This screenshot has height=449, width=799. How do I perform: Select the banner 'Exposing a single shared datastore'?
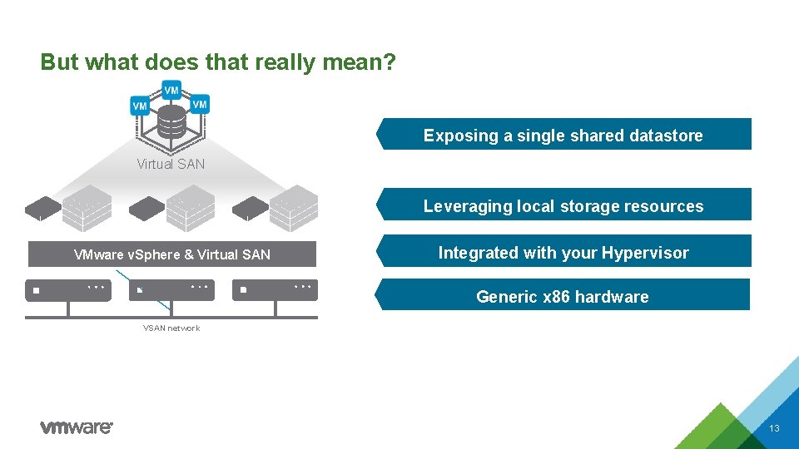pos(563,135)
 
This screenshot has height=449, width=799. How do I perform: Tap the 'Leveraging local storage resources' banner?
pos(563,205)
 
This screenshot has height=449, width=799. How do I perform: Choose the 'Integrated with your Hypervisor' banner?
pos(563,253)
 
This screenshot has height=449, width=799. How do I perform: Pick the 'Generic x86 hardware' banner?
pos(562,296)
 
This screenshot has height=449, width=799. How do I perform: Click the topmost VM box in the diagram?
pos(171,89)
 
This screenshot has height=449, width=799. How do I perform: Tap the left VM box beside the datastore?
pos(140,106)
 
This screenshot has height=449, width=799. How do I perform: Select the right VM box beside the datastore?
pos(200,104)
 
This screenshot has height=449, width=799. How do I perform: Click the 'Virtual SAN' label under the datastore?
pos(171,164)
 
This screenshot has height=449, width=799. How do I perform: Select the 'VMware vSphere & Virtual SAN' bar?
pos(172,254)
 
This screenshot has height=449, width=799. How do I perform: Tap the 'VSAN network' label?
pos(171,328)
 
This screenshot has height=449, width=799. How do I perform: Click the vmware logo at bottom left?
pos(77,427)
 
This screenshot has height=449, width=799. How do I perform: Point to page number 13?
pos(774,429)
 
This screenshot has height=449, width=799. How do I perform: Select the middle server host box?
pos(171,289)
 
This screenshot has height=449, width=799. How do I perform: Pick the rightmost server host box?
pos(275,289)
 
